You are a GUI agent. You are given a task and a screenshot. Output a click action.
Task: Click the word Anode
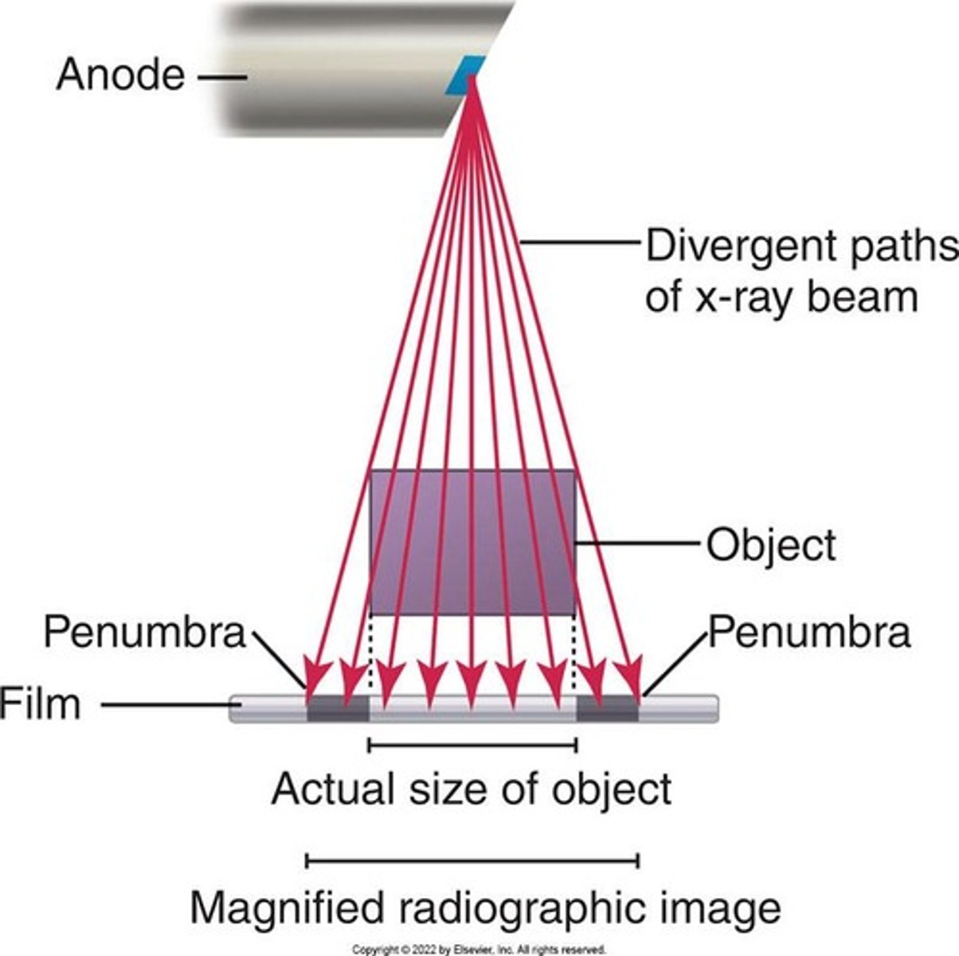pos(119,76)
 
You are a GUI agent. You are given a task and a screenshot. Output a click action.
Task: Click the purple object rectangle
pos(472,542)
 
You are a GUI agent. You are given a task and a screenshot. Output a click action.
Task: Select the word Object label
pos(771,546)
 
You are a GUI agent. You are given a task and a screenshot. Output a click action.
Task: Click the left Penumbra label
pos(144,633)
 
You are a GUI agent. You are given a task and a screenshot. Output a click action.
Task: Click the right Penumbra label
pos(808,633)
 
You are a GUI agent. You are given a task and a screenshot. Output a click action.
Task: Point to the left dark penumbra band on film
pos(338,708)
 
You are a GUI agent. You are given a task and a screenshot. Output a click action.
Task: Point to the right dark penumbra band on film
pos(607,708)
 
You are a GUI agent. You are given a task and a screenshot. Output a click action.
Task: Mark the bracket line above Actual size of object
pos(472,745)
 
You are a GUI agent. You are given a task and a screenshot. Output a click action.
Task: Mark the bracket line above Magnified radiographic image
pos(472,860)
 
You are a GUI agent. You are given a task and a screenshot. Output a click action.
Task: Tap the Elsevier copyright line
pos(479,950)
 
